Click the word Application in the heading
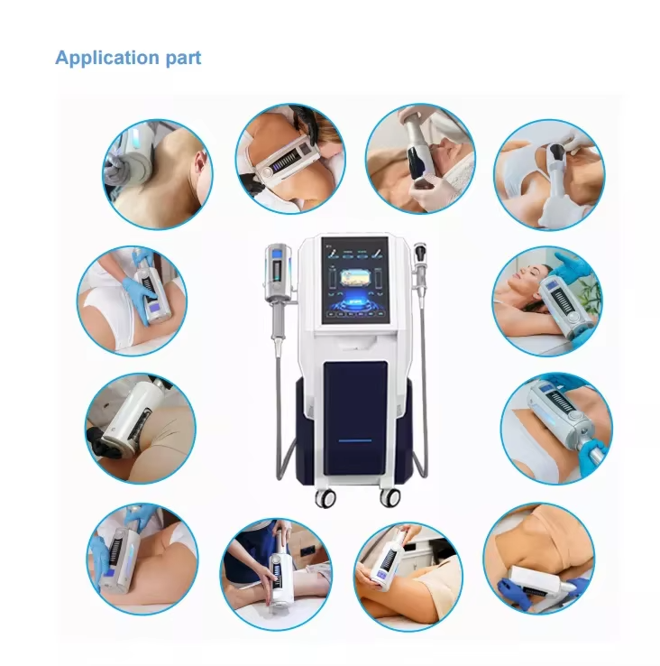(x=107, y=58)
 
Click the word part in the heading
(x=183, y=59)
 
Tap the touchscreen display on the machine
(x=355, y=281)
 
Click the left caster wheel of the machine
(x=325, y=498)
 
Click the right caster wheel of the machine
(x=390, y=497)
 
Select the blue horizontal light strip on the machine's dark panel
(x=355, y=440)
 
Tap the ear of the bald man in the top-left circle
(x=202, y=161)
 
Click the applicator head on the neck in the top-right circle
(x=556, y=152)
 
